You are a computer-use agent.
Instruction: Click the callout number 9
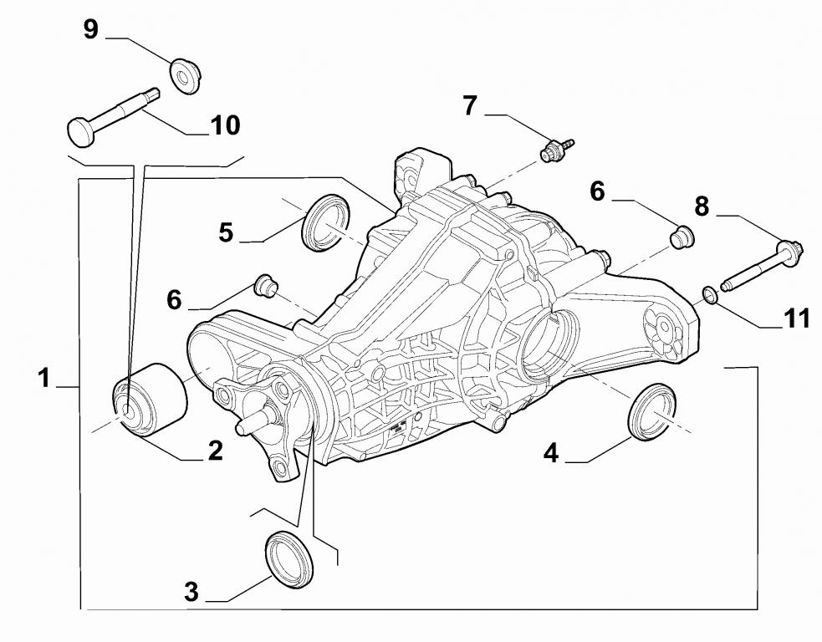pyautogui.click(x=90, y=30)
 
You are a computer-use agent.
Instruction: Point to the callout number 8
pyautogui.click(x=701, y=206)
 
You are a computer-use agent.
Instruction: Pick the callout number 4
pyautogui.click(x=550, y=453)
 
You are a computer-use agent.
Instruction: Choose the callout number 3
pyautogui.click(x=191, y=593)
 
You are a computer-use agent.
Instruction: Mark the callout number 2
pyautogui.click(x=215, y=451)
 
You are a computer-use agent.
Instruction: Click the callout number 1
pyautogui.click(x=43, y=378)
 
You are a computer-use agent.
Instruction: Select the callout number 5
pyautogui.click(x=226, y=232)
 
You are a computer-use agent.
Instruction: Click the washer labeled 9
pyautogui.click(x=184, y=76)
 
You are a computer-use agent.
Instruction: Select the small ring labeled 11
pyautogui.click(x=708, y=294)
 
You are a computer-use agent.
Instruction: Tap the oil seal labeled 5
pyautogui.click(x=326, y=222)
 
